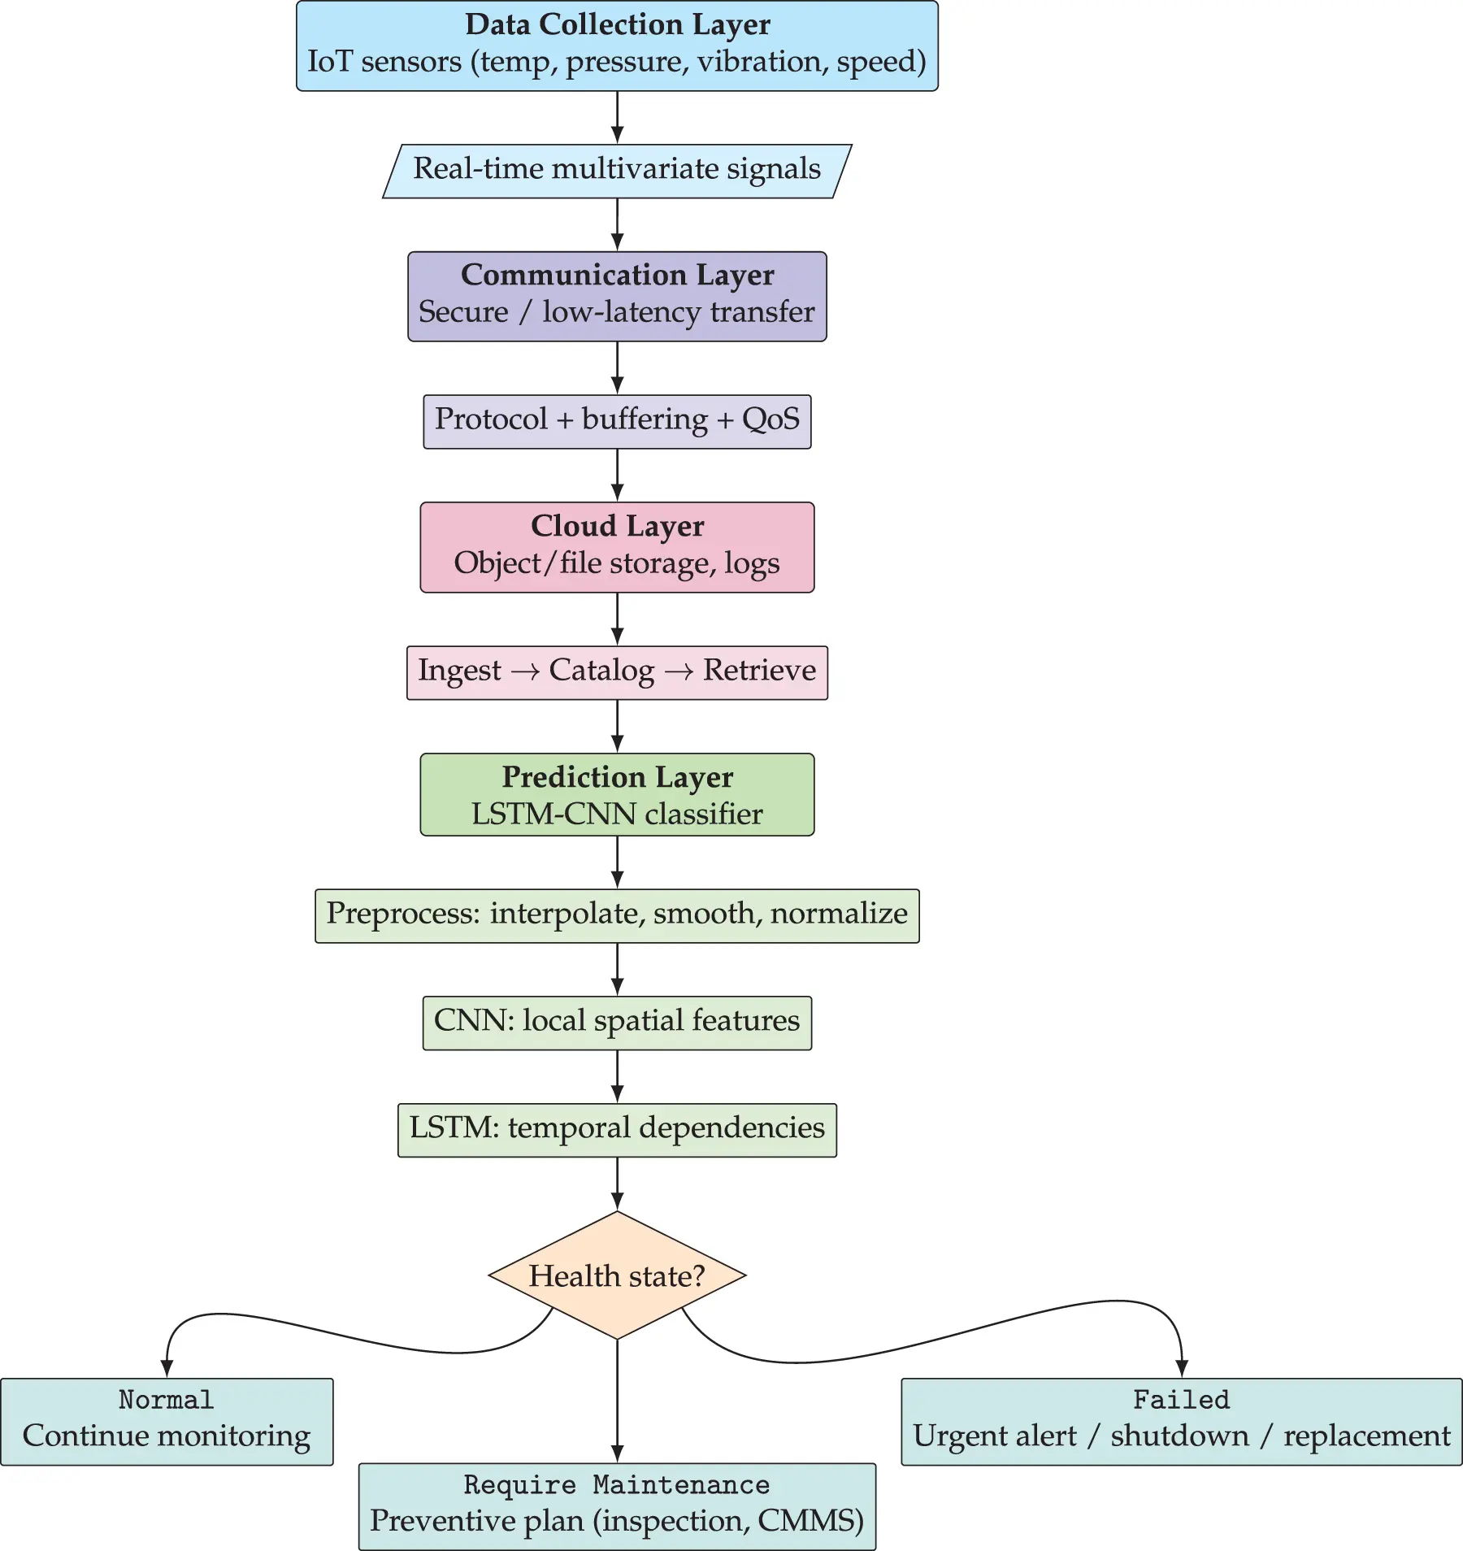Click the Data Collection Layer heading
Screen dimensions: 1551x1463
pos(617,25)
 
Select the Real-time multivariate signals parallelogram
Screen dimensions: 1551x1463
pos(617,171)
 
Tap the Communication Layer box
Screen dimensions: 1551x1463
pos(617,296)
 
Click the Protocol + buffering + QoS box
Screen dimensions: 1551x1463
pos(617,421)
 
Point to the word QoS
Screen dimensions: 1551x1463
pos(771,419)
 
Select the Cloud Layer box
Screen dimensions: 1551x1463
pos(617,546)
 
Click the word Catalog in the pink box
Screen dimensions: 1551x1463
pos(601,671)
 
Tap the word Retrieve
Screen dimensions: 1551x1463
pos(759,671)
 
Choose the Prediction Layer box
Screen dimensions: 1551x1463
pos(617,794)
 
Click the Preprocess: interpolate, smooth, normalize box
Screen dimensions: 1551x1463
pos(617,915)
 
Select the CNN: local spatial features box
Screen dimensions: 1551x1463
pos(617,1023)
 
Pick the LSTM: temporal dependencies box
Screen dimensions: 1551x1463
pos(617,1130)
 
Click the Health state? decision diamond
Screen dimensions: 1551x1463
pos(617,1275)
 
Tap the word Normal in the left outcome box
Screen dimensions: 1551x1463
pos(167,1400)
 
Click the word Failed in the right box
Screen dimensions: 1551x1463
pos(1181,1400)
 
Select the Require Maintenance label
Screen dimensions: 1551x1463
pos(617,1485)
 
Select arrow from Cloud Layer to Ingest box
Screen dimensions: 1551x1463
pos(617,618)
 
